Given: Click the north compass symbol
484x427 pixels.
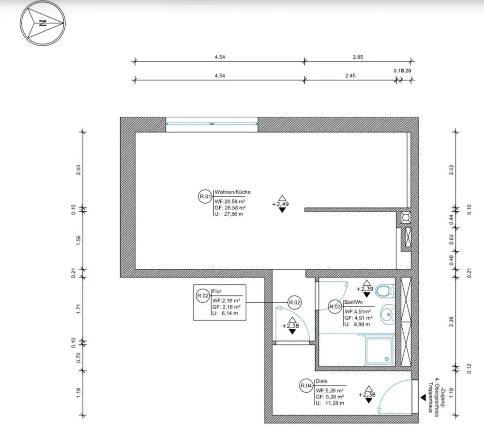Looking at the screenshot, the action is pos(42,23).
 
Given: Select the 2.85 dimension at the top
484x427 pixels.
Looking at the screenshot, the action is pos(358,57).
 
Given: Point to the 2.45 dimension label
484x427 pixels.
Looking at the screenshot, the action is pos(351,75).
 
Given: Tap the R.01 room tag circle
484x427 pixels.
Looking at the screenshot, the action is pos(205,196).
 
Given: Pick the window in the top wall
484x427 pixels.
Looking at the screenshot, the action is pos(212,124).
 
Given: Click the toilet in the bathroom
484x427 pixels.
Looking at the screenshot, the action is pos(385,291).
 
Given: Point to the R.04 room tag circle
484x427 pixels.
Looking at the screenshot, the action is pos(305,385).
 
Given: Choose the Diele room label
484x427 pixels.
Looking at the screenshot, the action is pos(321,381).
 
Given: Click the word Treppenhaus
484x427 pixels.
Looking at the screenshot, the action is pos(430,399).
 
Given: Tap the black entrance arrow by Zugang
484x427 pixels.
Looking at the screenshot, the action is pos(423,397).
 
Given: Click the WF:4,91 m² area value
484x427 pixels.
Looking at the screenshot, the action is pos(358,312).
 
